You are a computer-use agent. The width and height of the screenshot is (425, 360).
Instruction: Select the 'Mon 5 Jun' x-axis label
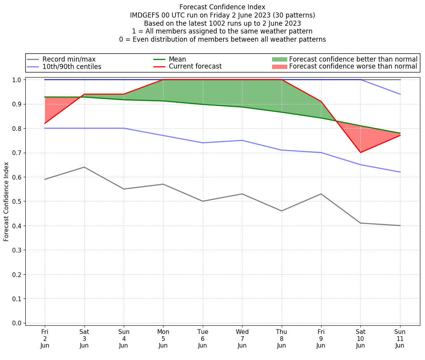[163, 338]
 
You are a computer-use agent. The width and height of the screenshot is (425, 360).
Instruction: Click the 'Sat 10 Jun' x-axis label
[360, 338]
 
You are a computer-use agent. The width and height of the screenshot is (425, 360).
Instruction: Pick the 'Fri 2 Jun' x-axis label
[45, 338]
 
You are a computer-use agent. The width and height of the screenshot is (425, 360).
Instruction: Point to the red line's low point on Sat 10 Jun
[360, 152]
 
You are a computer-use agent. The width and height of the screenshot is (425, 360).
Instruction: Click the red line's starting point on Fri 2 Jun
[45, 123]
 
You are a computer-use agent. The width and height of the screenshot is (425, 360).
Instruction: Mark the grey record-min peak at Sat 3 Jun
[84, 167]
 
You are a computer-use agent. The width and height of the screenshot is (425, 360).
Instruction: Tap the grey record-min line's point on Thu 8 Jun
[281, 211]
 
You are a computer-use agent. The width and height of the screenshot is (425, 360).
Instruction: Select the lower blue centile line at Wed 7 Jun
[242, 140]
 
